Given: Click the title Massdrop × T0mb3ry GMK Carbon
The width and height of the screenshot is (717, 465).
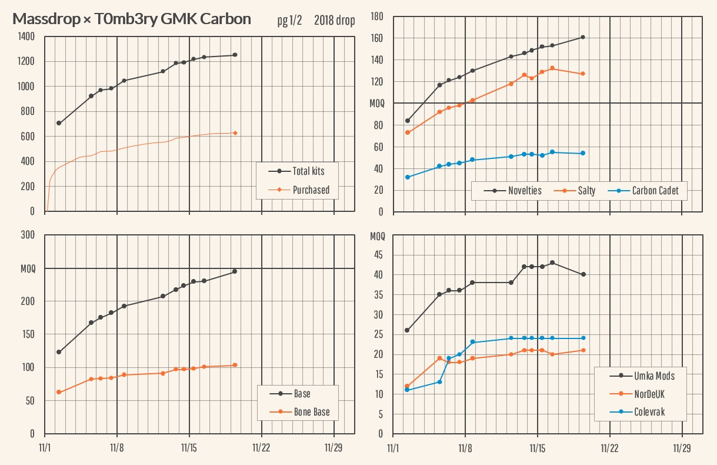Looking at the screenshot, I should point(132,19).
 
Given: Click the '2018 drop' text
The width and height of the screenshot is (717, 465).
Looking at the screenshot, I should point(334,21).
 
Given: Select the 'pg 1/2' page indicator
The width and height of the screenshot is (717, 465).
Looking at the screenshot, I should point(289,21).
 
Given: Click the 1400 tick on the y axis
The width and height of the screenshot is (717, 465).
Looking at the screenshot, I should point(26,36).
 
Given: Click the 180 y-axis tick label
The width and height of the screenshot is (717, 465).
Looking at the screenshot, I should point(376,16).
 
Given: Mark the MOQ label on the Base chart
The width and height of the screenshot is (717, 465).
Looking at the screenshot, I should point(28,268).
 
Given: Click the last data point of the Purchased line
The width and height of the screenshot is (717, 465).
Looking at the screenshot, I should point(235,133).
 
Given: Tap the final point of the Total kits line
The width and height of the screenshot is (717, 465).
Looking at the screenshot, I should point(235,55).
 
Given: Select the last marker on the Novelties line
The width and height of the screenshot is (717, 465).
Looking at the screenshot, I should point(582,37).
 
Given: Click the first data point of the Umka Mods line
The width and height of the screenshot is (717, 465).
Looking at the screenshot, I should point(407,330).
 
